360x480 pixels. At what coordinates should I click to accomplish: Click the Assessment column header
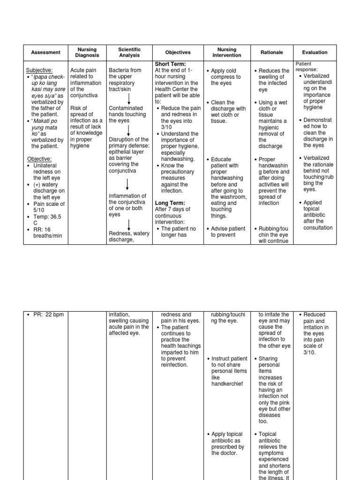point(45,52)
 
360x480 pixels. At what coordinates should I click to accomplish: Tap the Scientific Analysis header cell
point(129,52)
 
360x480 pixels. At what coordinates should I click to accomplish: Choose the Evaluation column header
point(315,52)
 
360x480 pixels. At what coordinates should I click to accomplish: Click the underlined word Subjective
point(39,70)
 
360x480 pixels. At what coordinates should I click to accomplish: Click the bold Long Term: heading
point(170,203)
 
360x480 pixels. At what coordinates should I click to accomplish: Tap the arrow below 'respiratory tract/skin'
point(128,99)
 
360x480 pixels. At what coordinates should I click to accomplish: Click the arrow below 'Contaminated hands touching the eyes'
point(128,129)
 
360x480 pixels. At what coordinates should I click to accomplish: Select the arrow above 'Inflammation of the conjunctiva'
point(128,184)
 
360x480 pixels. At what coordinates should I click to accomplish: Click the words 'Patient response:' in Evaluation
point(306,67)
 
